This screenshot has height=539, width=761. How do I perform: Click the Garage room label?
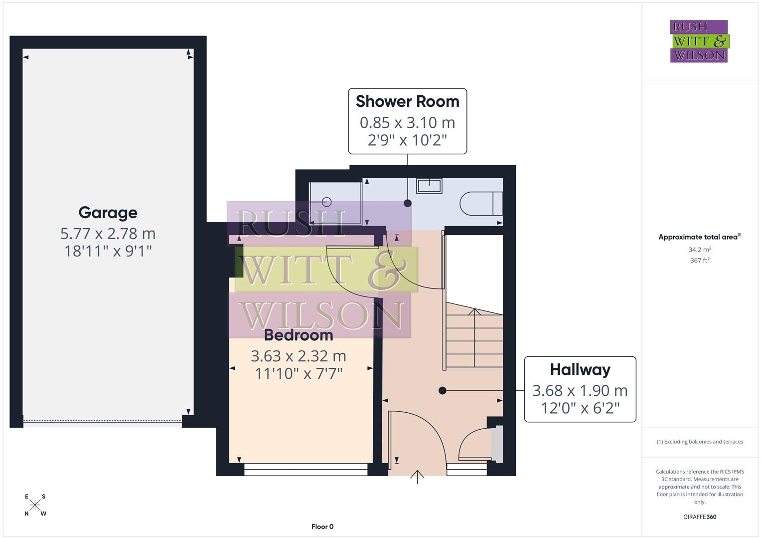[x=108, y=213]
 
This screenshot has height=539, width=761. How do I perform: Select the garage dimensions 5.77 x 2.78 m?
[x=108, y=234]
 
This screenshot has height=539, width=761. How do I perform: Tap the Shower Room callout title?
[x=407, y=101]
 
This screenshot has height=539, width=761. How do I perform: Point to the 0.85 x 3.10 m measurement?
[x=407, y=123]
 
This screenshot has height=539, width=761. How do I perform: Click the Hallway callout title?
[x=580, y=370]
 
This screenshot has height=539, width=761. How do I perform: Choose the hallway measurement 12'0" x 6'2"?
[x=580, y=408]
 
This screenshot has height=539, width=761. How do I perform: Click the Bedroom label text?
[x=298, y=335]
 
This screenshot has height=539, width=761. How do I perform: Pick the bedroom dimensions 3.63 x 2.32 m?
[x=298, y=356]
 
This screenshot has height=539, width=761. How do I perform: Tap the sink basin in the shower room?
[x=429, y=186]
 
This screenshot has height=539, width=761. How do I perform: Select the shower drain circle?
[x=327, y=202]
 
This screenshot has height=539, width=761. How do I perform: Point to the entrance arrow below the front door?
[x=417, y=477]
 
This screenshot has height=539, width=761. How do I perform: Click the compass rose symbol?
[x=35, y=505]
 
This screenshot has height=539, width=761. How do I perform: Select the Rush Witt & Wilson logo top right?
[x=699, y=41]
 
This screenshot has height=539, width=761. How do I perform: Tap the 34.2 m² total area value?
[x=700, y=250]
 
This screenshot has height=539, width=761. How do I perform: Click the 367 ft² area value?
[x=700, y=261]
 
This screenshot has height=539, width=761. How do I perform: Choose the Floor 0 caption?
[x=322, y=527]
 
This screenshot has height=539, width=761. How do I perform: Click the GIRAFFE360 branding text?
[x=700, y=517]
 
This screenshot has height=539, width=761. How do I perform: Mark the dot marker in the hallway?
[x=442, y=391]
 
